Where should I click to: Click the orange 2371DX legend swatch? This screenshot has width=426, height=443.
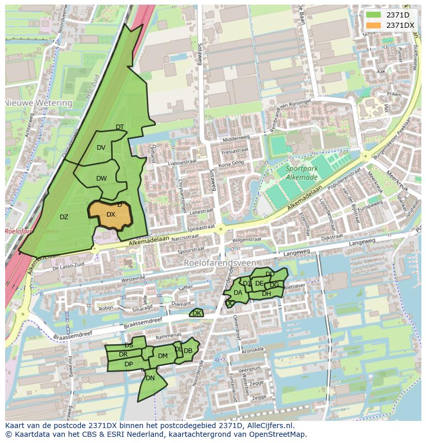(374, 25)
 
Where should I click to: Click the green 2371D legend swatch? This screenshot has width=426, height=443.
(374, 15)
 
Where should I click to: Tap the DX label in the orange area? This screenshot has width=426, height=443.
(111, 215)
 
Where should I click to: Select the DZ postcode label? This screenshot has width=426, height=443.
(64, 217)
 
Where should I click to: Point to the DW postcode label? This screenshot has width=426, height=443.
(101, 179)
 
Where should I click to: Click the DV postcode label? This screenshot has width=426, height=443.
(101, 148)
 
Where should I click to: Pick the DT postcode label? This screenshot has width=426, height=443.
(120, 127)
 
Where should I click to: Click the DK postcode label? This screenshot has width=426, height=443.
(197, 313)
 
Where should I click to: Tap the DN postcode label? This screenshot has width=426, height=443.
(150, 378)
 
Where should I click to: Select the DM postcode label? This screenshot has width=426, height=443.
(163, 356)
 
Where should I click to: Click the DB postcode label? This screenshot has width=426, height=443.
(188, 351)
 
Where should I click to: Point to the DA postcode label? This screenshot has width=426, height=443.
(238, 293)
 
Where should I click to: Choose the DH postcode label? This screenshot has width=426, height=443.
(267, 294)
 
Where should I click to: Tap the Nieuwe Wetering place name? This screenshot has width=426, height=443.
(39, 103)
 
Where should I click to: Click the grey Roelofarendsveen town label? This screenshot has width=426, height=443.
(220, 262)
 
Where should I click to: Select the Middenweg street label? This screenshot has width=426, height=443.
(236, 139)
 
